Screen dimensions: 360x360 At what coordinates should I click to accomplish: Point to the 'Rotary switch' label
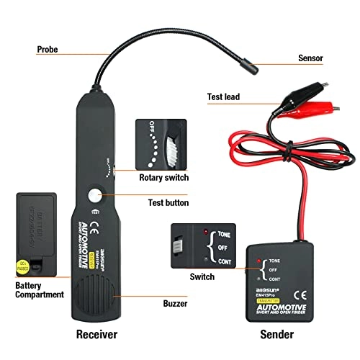163,177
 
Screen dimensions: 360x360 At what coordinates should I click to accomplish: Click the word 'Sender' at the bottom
276,336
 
